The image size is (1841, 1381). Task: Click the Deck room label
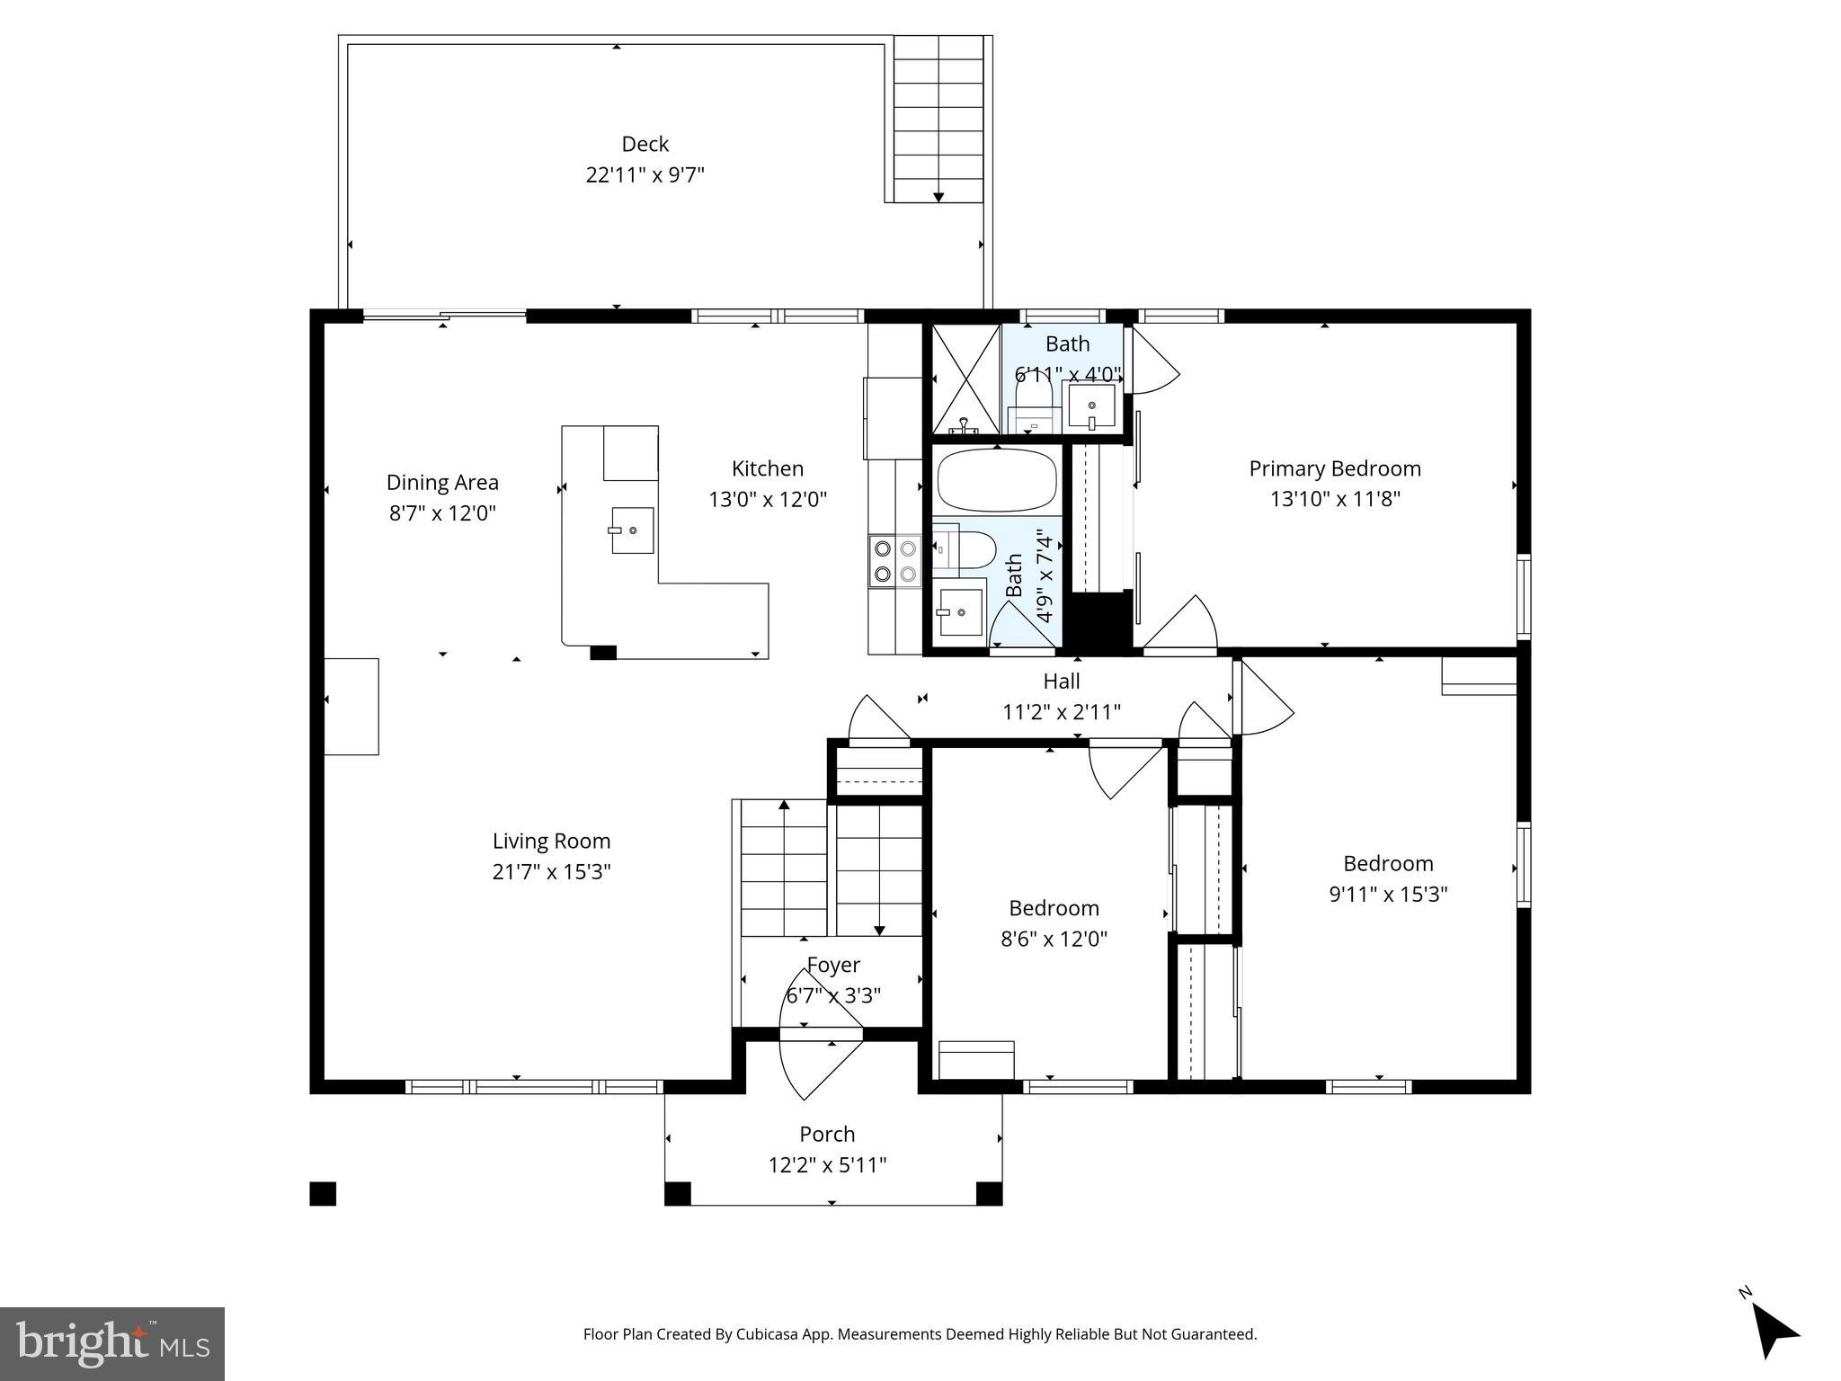(x=645, y=144)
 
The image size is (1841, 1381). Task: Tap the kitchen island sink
(x=633, y=530)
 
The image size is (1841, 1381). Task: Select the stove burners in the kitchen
(x=895, y=560)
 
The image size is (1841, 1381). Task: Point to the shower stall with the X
(x=965, y=379)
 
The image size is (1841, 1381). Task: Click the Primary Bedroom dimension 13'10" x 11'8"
(x=1335, y=499)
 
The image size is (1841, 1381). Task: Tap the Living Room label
(x=551, y=842)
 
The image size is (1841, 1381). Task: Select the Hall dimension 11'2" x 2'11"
(x=1061, y=713)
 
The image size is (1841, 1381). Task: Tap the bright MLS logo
(x=112, y=1343)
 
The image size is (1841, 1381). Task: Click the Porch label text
(x=827, y=1135)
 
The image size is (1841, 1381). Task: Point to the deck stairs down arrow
(x=938, y=195)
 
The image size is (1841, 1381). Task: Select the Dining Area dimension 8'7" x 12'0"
(x=442, y=513)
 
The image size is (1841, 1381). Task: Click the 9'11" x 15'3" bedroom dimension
(x=1388, y=895)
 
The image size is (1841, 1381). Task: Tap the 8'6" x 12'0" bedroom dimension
(x=1054, y=940)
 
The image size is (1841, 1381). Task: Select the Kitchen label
(x=767, y=468)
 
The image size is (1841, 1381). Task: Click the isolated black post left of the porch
(x=323, y=1194)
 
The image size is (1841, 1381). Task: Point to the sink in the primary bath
(x=1091, y=405)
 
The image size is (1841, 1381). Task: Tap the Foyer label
(x=833, y=966)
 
